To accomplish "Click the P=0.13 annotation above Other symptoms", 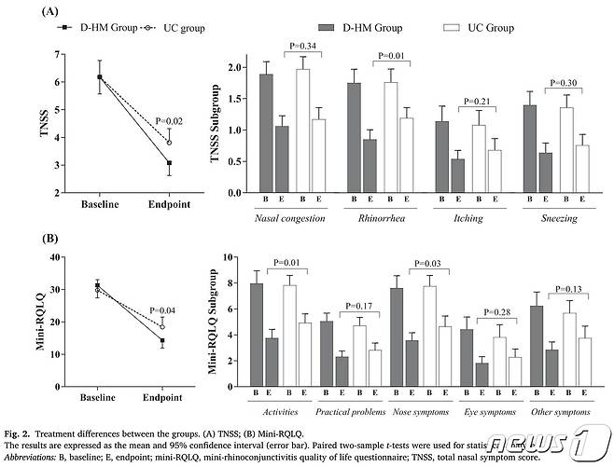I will coord(573,289).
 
